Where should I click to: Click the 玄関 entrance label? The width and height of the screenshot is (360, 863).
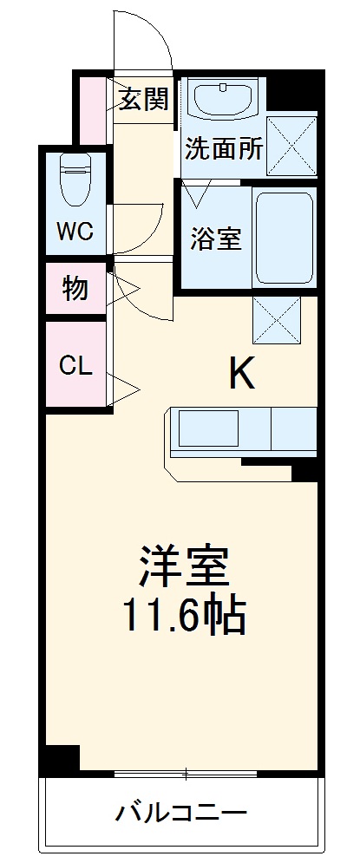pyautogui.click(x=142, y=101)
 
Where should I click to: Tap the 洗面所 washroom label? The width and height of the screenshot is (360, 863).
pyautogui.click(x=223, y=148)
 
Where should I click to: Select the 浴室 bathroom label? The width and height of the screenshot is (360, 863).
pyautogui.click(x=215, y=239)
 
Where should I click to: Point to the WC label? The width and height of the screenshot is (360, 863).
pyautogui.click(x=75, y=232)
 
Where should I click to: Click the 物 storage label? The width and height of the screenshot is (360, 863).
pyautogui.click(x=75, y=290)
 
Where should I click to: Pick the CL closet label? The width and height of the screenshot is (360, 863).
pyautogui.click(x=75, y=364)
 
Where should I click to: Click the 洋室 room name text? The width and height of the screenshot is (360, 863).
pyautogui.click(x=184, y=566)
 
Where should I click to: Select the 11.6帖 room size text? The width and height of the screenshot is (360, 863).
pyautogui.click(x=184, y=616)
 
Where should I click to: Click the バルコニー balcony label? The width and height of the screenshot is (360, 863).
pyautogui.click(x=182, y=814)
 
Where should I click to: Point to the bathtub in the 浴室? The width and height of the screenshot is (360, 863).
pyautogui.click(x=285, y=237)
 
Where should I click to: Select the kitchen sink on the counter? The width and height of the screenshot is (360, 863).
pyautogui.click(x=208, y=428)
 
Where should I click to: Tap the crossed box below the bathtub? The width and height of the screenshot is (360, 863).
pyautogui.click(x=277, y=318)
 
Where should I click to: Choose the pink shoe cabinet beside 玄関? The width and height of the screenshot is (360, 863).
pyautogui.click(x=91, y=110)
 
